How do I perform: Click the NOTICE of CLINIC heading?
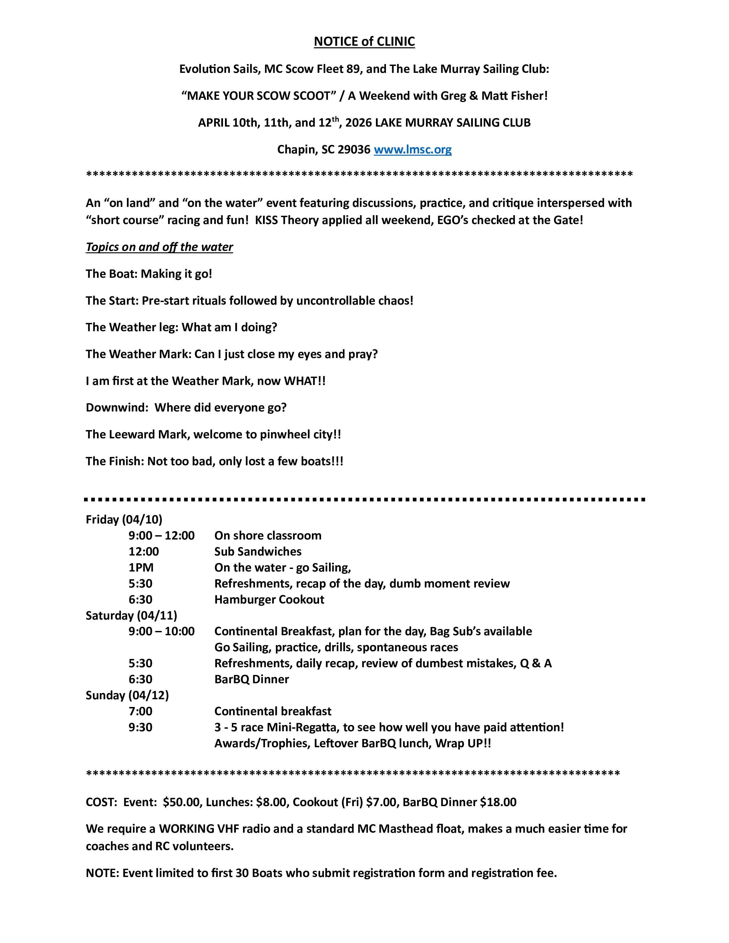(x=364, y=41)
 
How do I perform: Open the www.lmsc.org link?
(x=413, y=149)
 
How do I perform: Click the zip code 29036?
(x=354, y=149)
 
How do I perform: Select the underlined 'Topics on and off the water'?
(x=159, y=247)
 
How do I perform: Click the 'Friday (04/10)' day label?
(x=124, y=520)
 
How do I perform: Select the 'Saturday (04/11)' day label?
(x=131, y=615)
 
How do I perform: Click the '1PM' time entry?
(x=141, y=567)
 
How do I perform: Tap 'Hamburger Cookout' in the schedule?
(x=269, y=599)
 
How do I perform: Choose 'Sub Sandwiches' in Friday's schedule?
(x=258, y=552)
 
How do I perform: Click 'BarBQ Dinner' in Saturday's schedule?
(x=251, y=679)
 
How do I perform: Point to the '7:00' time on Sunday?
(x=140, y=711)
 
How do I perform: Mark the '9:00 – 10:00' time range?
(x=162, y=631)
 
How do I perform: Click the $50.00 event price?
(x=181, y=802)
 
